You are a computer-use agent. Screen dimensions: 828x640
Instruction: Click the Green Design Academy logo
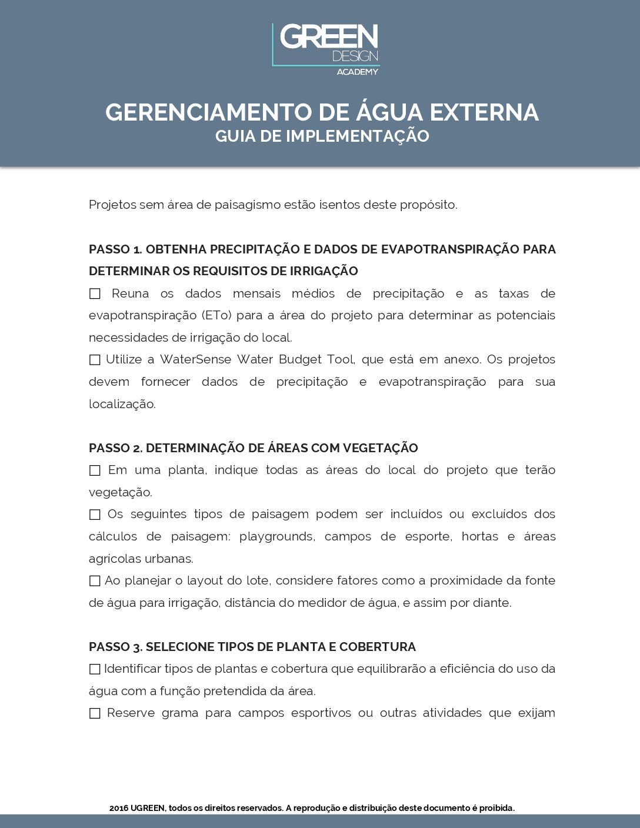(x=325, y=49)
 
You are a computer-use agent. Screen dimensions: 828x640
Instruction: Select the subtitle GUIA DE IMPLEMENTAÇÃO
(x=322, y=136)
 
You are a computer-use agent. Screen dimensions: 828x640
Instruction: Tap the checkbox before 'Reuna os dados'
(x=95, y=293)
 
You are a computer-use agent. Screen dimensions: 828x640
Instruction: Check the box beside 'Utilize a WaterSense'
(x=95, y=360)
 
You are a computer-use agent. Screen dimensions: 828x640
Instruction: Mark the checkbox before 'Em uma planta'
(x=95, y=470)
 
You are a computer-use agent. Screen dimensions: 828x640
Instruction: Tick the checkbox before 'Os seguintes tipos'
(x=95, y=515)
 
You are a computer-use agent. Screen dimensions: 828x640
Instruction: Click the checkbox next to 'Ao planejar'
(x=95, y=581)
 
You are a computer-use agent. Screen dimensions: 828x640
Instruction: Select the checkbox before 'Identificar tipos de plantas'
(x=95, y=669)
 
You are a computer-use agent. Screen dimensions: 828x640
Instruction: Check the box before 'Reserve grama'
(x=95, y=713)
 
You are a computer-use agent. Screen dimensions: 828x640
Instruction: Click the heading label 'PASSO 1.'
(x=115, y=249)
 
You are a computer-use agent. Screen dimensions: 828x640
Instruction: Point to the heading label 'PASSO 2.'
(x=115, y=448)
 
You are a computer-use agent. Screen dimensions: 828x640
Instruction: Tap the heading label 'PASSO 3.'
(x=115, y=647)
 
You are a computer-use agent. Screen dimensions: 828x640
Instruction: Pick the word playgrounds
(x=276, y=536)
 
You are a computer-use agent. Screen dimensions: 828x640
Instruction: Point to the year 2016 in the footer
(x=118, y=808)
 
